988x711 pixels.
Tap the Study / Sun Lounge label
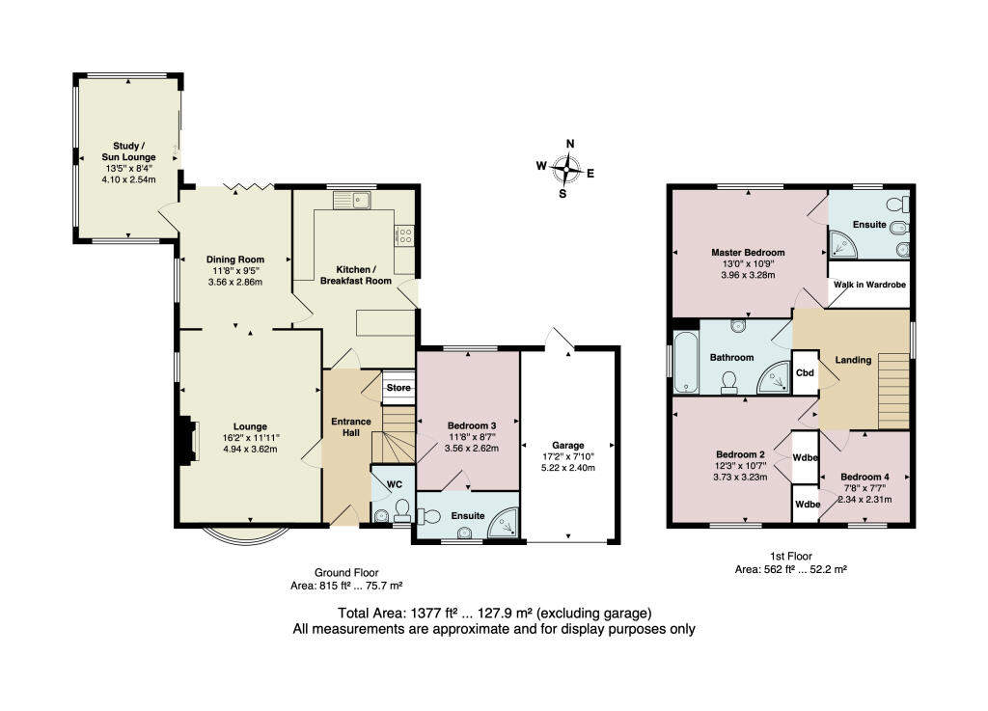pyautogui.click(x=128, y=150)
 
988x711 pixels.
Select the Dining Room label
pyautogui.click(x=235, y=259)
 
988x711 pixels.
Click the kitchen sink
pyautogui.click(x=353, y=201)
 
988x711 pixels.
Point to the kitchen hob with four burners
pyautogui.click(x=402, y=235)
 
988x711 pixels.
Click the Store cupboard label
pyautogui.click(x=398, y=388)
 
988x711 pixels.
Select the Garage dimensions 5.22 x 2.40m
pyautogui.click(x=569, y=468)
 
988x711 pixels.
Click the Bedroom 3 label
pyautogui.click(x=472, y=425)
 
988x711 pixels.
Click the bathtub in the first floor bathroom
pyautogui.click(x=687, y=364)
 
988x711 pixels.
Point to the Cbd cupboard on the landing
pyautogui.click(x=803, y=371)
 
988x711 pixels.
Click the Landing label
pyautogui.click(x=853, y=360)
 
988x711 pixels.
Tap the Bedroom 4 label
pyautogui.click(x=864, y=477)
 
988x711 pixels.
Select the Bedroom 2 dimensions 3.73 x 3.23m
pyautogui.click(x=740, y=477)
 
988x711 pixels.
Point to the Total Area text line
pyautogui.click(x=494, y=613)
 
